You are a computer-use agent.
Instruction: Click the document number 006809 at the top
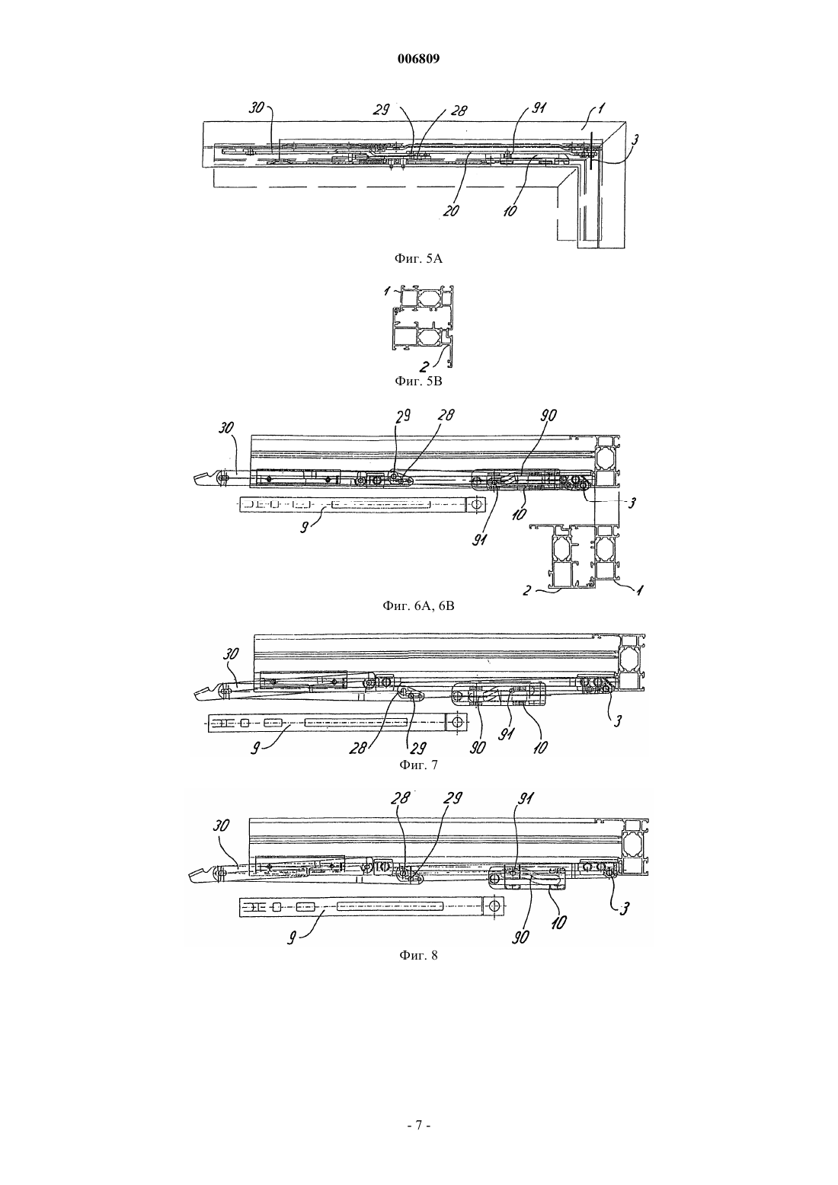pyautogui.click(x=418, y=59)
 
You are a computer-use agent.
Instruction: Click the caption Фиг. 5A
pyautogui.click(x=418, y=259)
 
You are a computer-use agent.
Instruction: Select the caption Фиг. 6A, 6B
pyautogui.click(x=418, y=606)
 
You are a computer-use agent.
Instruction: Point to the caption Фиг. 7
pyautogui.click(x=418, y=765)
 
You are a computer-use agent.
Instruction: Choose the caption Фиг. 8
pyautogui.click(x=418, y=956)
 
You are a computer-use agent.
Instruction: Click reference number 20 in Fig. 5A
pyautogui.click(x=451, y=210)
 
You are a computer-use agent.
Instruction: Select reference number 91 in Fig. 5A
pyautogui.click(x=538, y=109)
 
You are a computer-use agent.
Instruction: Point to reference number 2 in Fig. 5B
pyautogui.click(x=424, y=366)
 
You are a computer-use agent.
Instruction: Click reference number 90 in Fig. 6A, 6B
pyautogui.click(x=549, y=416)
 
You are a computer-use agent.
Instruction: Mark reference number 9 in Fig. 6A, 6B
pyautogui.click(x=304, y=527)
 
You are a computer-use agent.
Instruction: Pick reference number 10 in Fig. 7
pyautogui.click(x=539, y=746)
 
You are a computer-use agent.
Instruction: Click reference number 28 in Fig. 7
pyautogui.click(x=357, y=749)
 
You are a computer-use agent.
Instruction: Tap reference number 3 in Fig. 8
pyautogui.click(x=625, y=909)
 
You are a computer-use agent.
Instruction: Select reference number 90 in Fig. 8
pyautogui.click(x=522, y=937)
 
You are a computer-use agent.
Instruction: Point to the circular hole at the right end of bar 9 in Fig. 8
pyautogui.click(x=494, y=904)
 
